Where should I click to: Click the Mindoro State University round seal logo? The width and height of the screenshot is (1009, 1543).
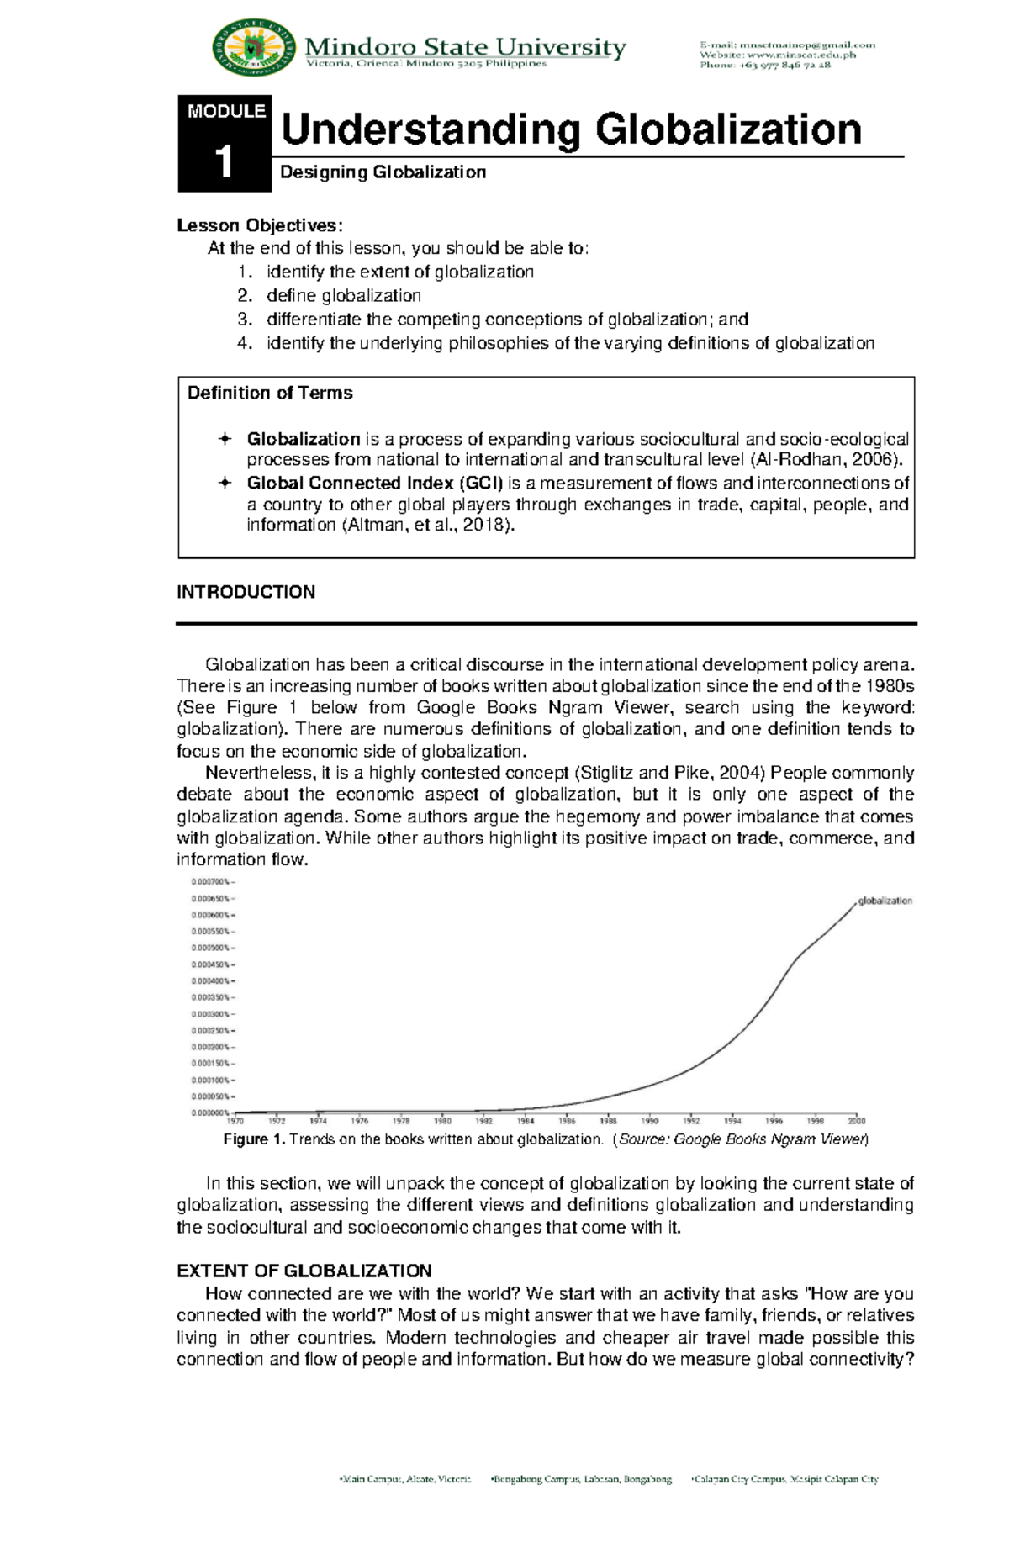click(x=255, y=48)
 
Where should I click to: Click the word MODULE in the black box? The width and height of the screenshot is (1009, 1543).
click(x=226, y=111)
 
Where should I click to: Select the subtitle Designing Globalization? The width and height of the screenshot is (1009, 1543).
click(x=383, y=172)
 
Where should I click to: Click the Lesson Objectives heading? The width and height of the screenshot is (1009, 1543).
click(x=260, y=225)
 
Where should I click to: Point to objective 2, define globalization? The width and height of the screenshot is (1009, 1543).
click(x=343, y=295)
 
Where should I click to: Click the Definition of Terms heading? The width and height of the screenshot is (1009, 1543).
click(x=270, y=393)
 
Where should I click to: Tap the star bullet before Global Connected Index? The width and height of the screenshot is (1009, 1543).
click(x=225, y=483)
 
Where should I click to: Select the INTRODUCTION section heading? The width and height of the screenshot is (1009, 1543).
click(x=246, y=592)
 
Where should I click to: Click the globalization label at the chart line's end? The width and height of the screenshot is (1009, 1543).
click(x=885, y=901)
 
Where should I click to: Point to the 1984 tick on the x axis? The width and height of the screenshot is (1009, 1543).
click(x=526, y=1121)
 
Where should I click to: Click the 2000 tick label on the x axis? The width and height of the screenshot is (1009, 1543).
click(x=856, y=1121)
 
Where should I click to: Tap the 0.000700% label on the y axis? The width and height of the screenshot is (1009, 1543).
click(x=210, y=882)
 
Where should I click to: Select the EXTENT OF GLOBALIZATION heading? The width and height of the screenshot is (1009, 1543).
click(x=304, y=1271)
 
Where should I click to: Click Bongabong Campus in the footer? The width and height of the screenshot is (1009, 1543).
click(x=580, y=1503)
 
